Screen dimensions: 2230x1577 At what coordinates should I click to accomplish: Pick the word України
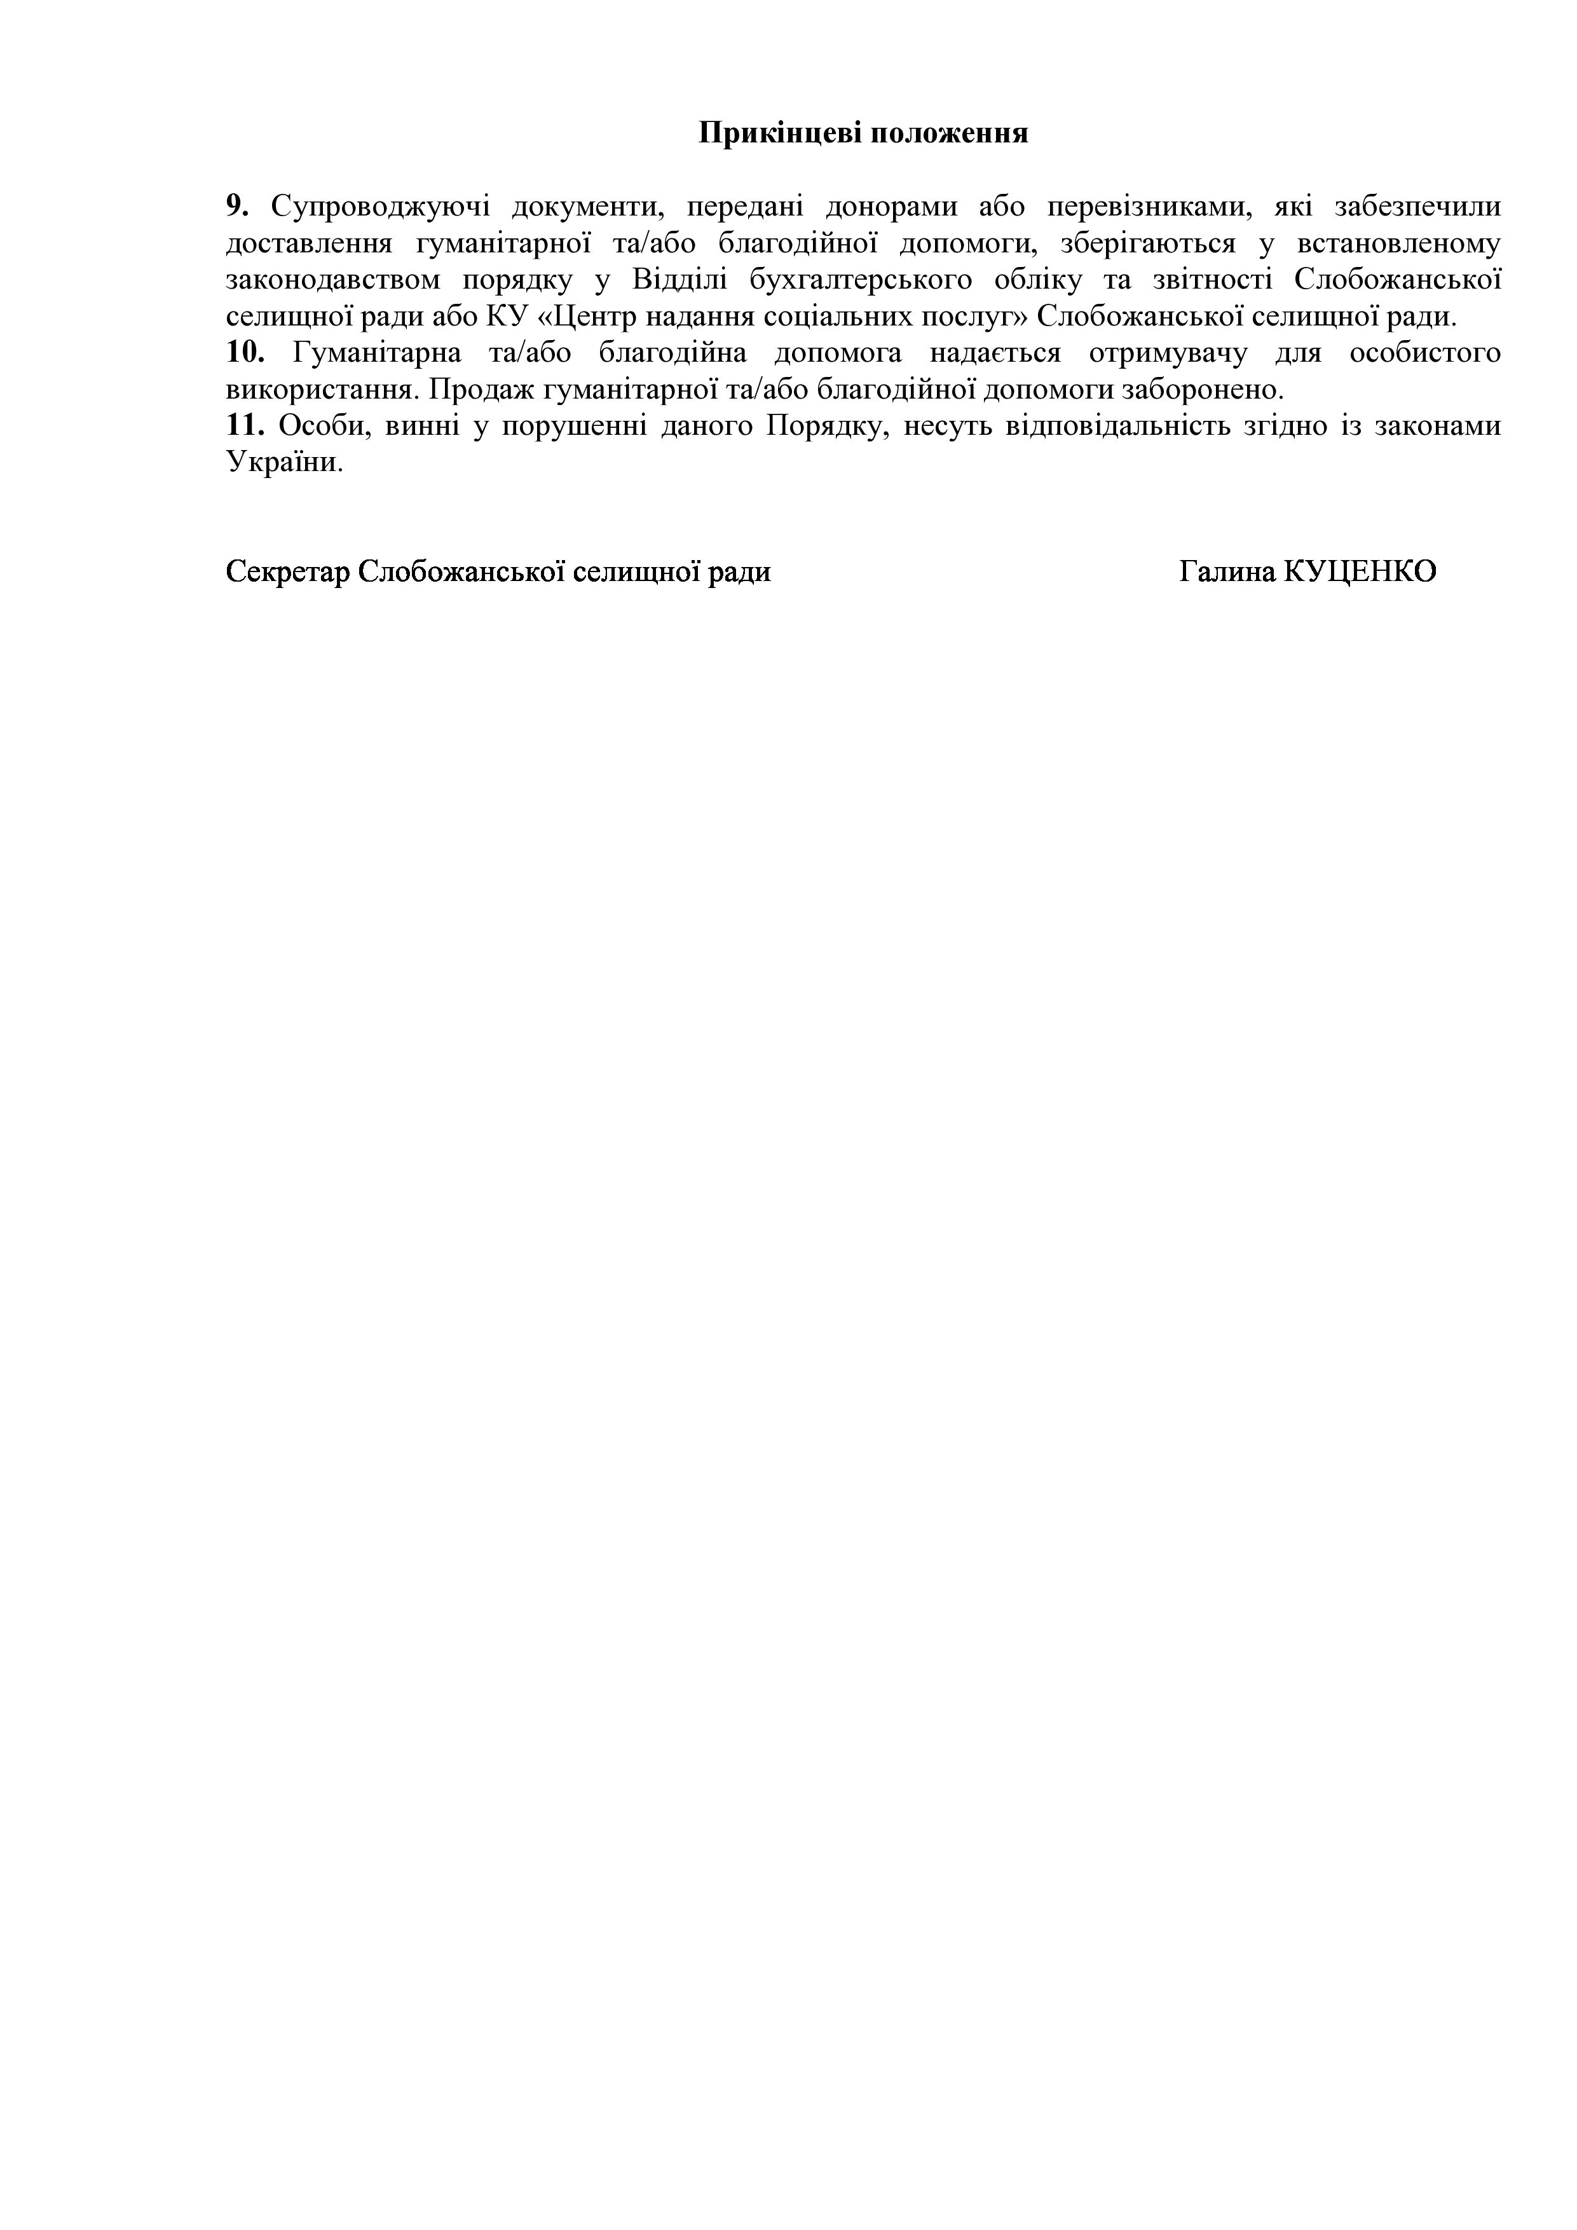[285, 462]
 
